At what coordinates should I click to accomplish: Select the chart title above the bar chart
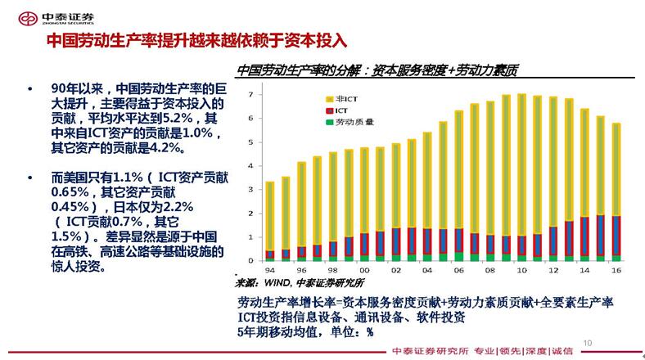click(x=377, y=71)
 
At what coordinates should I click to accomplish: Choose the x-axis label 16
click(x=616, y=270)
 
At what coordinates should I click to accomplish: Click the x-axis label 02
click(x=396, y=270)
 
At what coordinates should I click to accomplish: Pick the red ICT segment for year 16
click(x=616, y=237)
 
